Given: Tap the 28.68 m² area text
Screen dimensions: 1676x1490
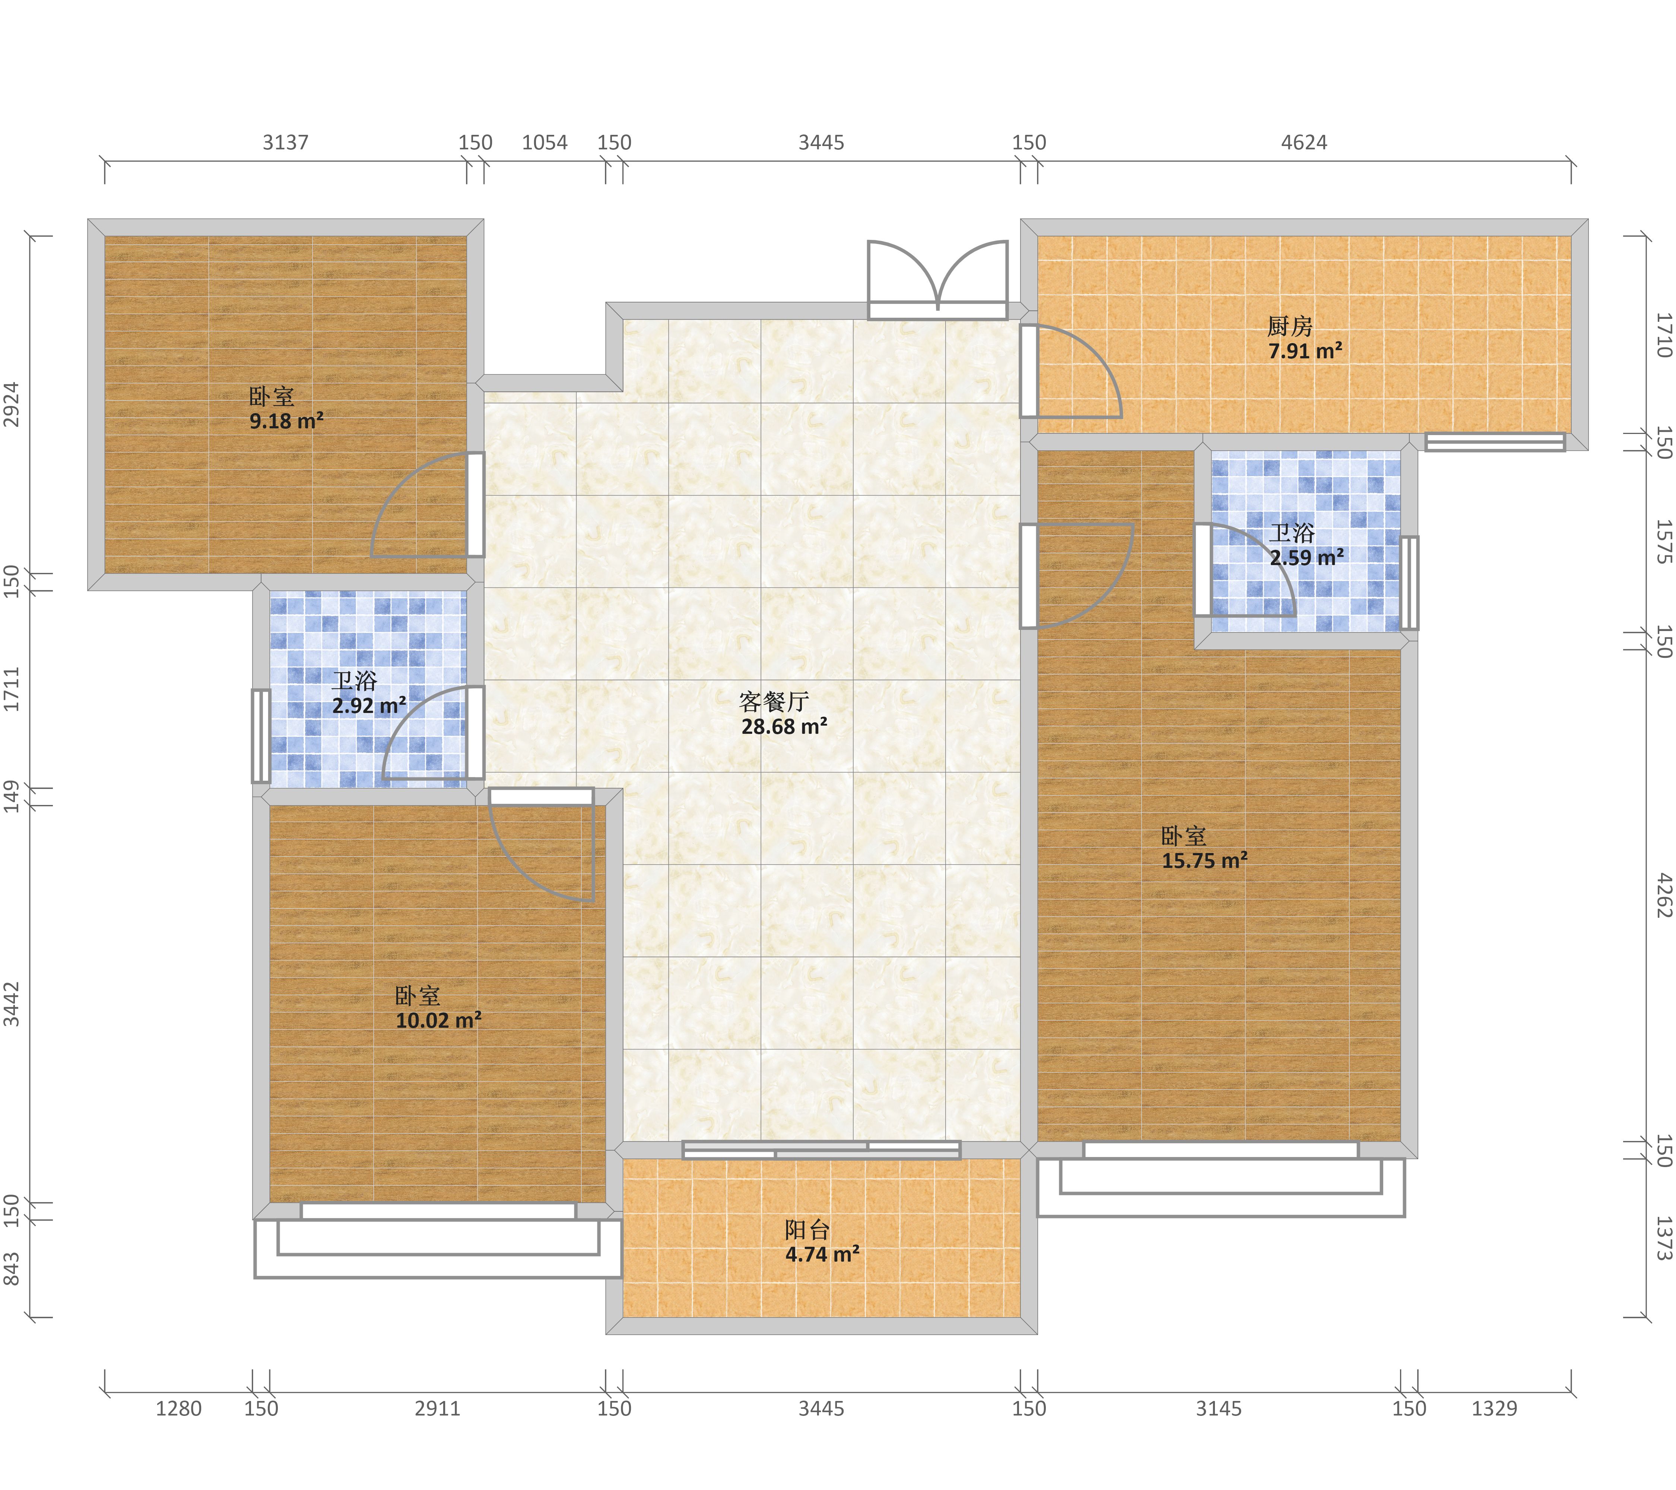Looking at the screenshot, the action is pos(784,726).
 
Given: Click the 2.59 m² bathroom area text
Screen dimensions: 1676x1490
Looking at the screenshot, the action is pos(1307,558).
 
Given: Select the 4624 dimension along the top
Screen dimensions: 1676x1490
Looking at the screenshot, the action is pos(1304,143).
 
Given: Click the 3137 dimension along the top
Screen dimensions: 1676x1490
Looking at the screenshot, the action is pos(285,143).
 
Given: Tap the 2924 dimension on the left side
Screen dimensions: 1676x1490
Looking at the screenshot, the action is pos(12,404).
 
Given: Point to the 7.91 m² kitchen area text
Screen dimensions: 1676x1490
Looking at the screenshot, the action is pos(1305,351).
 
